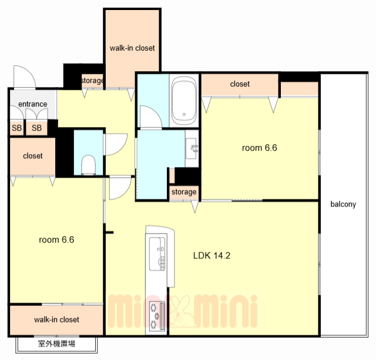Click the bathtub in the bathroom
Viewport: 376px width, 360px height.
point(184,101)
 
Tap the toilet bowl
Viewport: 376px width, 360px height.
point(88,165)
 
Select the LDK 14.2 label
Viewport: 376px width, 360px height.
point(211,255)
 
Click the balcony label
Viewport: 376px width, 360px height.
point(343,204)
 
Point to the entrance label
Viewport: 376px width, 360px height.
point(33,104)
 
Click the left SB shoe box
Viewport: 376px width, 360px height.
point(17,128)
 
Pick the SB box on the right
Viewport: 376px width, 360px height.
point(36,128)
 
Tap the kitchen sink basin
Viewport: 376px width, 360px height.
point(157,254)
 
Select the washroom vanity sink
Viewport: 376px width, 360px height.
point(192,148)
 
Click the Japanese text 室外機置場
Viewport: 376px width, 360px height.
point(56,344)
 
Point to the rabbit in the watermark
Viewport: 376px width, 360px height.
point(182,312)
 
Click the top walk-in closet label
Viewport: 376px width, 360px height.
point(132,48)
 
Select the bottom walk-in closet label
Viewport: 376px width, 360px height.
point(56,319)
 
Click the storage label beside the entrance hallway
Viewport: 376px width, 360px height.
point(93,81)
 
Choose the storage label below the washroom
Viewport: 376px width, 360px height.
point(184,192)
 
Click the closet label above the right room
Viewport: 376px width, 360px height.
point(240,84)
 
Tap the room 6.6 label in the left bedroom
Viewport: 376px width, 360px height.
point(56,239)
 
